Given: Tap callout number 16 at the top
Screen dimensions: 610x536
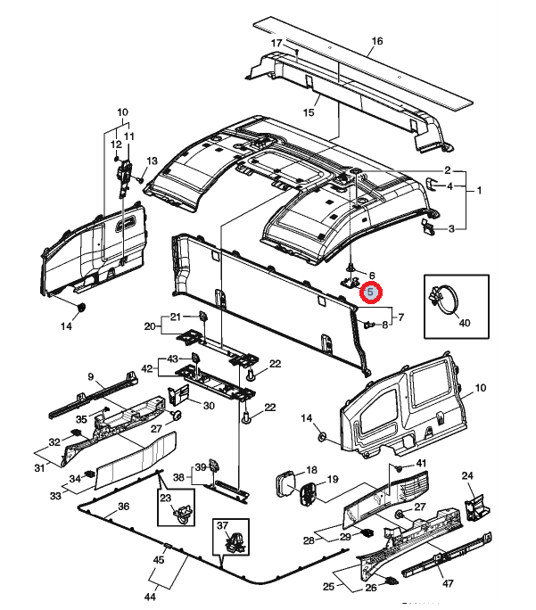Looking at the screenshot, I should pyautogui.click(x=376, y=41).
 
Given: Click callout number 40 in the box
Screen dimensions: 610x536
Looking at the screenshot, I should pyautogui.click(x=463, y=322).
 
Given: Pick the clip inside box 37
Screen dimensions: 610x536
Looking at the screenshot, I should pyautogui.click(x=236, y=540).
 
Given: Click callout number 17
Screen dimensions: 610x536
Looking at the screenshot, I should pyautogui.click(x=276, y=44).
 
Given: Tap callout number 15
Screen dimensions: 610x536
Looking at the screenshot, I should pyautogui.click(x=309, y=112).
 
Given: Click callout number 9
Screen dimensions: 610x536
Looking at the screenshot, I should pyautogui.click(x=90, y=376).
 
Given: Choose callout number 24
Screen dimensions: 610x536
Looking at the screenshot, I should pyautogui.click(x=466, y=476).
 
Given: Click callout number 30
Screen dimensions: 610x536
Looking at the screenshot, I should pyautogui.click(x=209, y=406).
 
